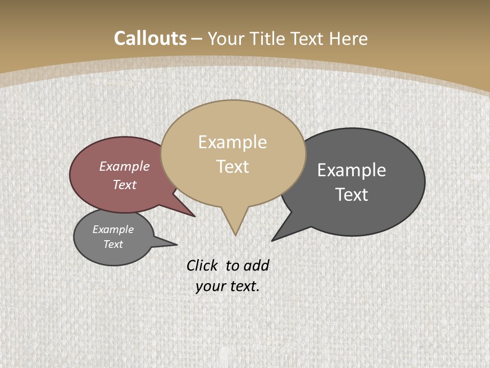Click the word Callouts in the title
click(x=150, y=38)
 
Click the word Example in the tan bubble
click(x=232, y=142)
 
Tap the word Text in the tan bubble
click(x=233, y=166)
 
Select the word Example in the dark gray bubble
click(x=352, y=170)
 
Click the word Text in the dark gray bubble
click(x=352, y=194)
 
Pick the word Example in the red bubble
click(x=125, y=166)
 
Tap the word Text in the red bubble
click(x=125, y=185)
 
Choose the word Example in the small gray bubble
click(x=113, y=229)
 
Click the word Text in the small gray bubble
click(x=113, y=244)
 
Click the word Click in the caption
click(x=202, y=265)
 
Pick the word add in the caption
click(x=256, y=265)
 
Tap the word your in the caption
click(x=210, y=286)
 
